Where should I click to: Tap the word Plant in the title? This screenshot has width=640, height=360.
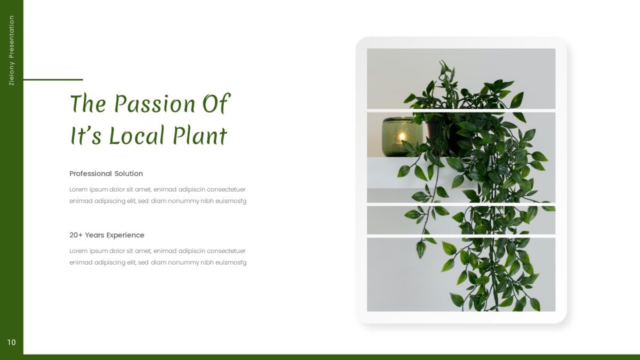coord(200,135)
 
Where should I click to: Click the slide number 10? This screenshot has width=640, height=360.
coord(12,342)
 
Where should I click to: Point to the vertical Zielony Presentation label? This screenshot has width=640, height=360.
coord(12,50)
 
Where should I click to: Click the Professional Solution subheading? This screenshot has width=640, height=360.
coord(106,173)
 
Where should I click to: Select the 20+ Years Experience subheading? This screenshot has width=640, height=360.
coord(107,235)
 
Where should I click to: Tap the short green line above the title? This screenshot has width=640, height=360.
coord(53,79)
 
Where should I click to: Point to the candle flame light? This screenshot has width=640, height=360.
coord(401,137)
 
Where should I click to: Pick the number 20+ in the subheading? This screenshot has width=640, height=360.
coord(76,235)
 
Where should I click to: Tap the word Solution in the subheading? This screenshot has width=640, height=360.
coord(129,173)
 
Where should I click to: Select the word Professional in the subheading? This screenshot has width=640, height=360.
coord(91,173)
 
